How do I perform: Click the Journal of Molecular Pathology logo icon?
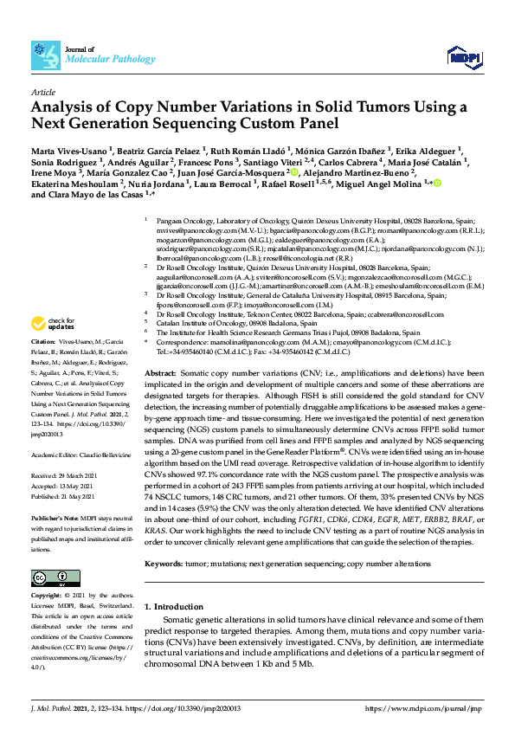point(45,55)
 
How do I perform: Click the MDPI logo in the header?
point(463,57)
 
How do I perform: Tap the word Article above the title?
point(43,91)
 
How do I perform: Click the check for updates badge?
point(52,326)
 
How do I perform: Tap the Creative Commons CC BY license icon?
point(50,577)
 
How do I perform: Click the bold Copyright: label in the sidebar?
point(48,596)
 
